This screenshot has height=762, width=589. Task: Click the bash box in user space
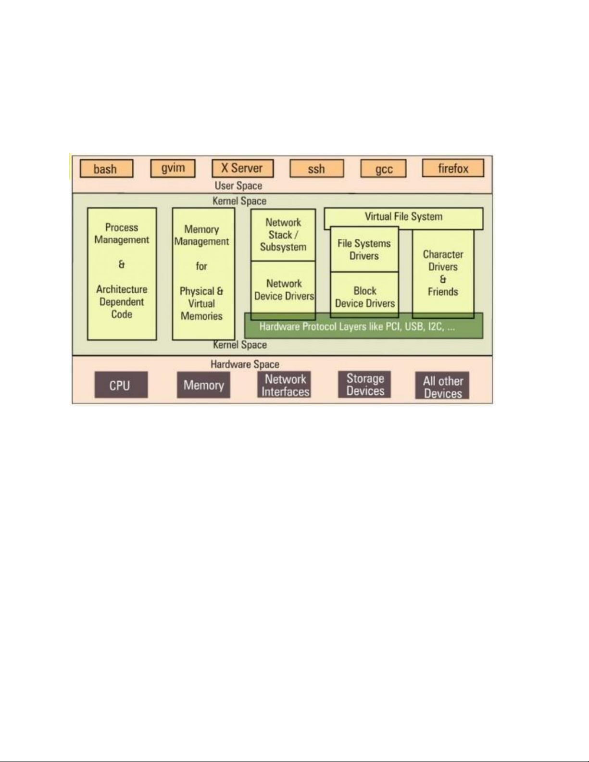coord(106,169)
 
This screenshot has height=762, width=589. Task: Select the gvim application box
coord(173,168)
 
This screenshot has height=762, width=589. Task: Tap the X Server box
coord(242,168)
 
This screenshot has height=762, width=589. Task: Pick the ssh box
coord(316,169)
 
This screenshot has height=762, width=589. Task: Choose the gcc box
coord(383,169)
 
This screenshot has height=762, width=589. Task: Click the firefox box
coord(453,168)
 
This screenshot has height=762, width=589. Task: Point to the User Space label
coord(238,186)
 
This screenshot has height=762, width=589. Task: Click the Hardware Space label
coord(245,364)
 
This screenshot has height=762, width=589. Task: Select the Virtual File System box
coord(403,217)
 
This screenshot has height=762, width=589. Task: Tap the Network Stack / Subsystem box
coord(283,235)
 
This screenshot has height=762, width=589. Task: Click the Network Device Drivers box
coord(284,289)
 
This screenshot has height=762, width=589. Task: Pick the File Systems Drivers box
coord(364,250)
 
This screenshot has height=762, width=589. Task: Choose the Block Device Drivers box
coord(364,297)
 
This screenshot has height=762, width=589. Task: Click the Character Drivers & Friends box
coord(443,273)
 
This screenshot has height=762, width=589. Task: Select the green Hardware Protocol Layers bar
coord(364,327)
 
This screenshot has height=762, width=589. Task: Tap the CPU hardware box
coord(121,385)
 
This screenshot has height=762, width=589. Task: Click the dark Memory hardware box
coord(203,385)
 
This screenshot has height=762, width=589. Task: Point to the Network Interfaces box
coord(285,385)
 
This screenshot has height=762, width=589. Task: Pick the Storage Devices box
coord(365,385)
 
